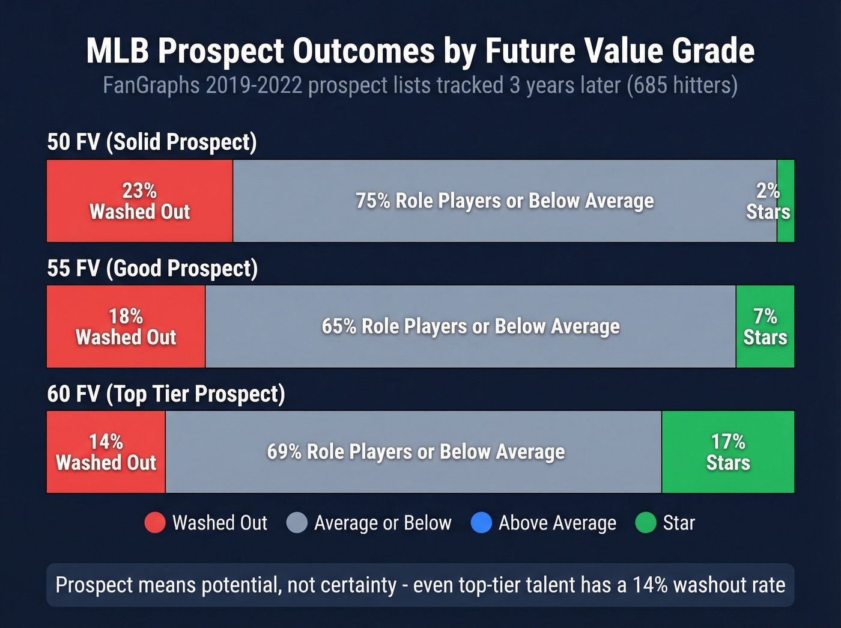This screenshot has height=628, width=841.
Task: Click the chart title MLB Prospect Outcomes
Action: coord(420,50)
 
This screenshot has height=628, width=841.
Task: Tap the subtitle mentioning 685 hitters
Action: coord(420,85)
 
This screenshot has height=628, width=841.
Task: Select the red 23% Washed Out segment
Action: coord(139,201)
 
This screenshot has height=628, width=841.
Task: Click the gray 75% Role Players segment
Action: coord(505,201)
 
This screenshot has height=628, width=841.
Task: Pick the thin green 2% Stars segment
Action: coord(786,201)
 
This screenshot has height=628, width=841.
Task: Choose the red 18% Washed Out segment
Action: coord(126,326)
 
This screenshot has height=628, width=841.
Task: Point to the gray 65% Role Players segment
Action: coord(470,326)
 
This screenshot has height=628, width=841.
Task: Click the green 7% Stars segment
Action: coord(765,326)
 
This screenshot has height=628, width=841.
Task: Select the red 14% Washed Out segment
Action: coord(106,452)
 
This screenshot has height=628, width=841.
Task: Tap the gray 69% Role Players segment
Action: coord(416,452)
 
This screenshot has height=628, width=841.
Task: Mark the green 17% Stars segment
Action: coord(728,452)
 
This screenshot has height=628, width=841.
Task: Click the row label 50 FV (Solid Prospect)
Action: coord(152,142)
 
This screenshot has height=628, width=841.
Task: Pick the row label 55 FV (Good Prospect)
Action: coord(153,268)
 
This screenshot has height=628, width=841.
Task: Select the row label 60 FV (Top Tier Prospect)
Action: coord(166,394)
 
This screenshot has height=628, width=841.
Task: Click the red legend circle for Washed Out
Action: coord(155,523)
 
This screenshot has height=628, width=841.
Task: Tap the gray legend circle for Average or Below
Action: coord(297,523)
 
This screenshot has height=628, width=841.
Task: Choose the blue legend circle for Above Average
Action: coord(481,523)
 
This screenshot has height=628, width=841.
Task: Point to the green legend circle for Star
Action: coord(646,523)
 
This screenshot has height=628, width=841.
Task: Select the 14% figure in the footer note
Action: coord(651,585)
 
